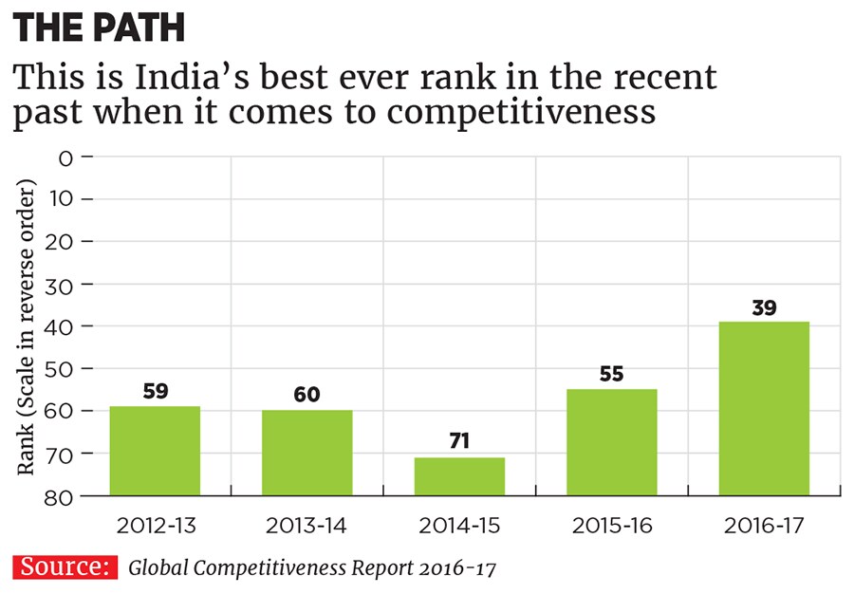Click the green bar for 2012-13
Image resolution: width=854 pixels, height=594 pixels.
[x=155, y=451]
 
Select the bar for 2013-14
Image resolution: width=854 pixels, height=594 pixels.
[x=306, y=453]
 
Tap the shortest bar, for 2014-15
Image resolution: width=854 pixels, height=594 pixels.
[x=459, y=476]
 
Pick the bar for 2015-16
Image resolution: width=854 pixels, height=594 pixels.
[x=611, y=442]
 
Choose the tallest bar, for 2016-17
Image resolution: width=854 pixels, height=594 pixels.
[x=764, y=408]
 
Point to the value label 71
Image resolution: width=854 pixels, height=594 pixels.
[x=459, y=441]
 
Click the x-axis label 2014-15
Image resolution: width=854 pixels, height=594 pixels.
[x=459, y=525]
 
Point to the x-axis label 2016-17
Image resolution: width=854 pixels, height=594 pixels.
[x=764, y=525]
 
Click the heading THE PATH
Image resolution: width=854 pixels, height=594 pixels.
[x=99, y=28]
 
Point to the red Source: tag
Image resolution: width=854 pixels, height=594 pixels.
[x=65, y=567]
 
